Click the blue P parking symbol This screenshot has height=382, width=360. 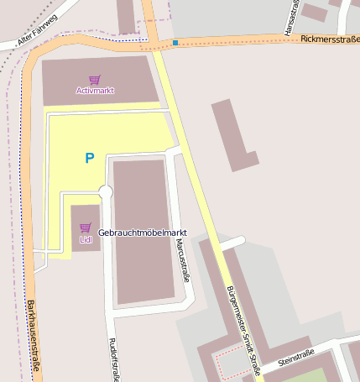point(89,157)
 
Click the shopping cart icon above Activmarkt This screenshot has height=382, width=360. point(94,79)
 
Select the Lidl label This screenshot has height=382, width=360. point(86,239)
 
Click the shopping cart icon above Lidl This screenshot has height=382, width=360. point(86,228)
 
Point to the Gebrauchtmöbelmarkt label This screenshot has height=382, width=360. point(142,233)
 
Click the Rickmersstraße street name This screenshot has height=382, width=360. point(329,39)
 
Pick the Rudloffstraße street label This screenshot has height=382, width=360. point(113,358)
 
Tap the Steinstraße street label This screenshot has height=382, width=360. point(295,357)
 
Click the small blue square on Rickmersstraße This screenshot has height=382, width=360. point(175,42)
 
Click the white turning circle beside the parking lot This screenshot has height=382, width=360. point(105,193)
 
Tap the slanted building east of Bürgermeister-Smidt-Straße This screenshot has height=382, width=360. point(235,134)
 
